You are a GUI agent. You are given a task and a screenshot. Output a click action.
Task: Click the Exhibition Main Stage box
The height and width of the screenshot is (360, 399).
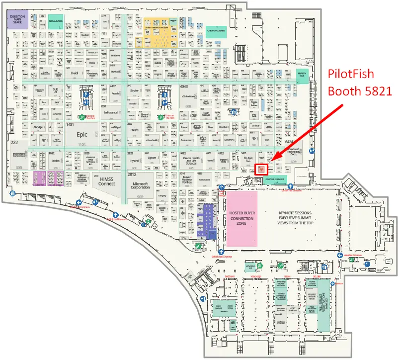pyautogui.click(x=17, y=20)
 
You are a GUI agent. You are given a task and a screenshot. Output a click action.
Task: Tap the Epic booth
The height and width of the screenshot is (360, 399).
pyautogui.click(x=81, y=135)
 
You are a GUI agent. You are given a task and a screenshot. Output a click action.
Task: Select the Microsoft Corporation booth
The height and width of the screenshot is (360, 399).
pyautogui.click(x=140, y=184)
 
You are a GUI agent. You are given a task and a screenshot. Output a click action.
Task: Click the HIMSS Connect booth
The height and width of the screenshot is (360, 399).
pyautogui.click(x=106, y=181)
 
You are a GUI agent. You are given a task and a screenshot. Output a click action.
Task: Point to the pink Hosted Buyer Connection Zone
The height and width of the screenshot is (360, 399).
pyautogui.click(x=242, y=218)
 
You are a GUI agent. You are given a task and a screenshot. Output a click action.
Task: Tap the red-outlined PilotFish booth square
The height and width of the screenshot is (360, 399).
pyautogui.click(x=261, y=169)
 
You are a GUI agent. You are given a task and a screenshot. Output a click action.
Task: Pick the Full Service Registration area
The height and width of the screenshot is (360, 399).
pyautogui.click(x=324, y=303)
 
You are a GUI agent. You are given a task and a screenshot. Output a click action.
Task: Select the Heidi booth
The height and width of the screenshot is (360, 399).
pyautogui.click(x=75, y=73)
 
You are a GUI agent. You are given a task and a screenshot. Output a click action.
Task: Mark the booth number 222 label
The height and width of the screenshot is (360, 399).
pyautogui.click(x=15, y=143)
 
